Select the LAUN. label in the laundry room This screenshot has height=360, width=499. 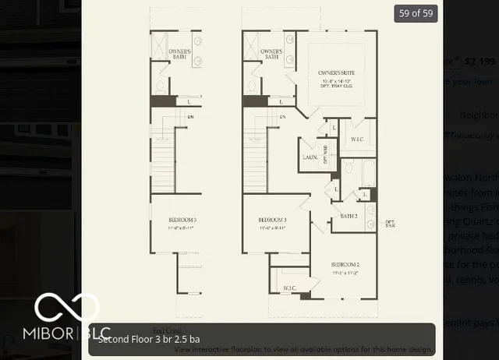(x=309, y=157)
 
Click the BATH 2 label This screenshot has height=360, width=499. (x=349, y=216)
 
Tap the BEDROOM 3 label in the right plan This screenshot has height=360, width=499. (x=273, y=221)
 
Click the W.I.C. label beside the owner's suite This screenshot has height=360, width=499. (x=357, y=139)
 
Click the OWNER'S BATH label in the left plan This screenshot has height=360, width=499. (x=180, y=54)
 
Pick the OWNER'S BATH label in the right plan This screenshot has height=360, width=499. (x=271, y=54)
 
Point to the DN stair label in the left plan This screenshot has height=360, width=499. (x=190, y=118)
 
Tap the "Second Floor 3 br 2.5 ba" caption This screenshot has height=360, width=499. (x=149, y=340)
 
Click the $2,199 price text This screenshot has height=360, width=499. (x=479, y=61)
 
